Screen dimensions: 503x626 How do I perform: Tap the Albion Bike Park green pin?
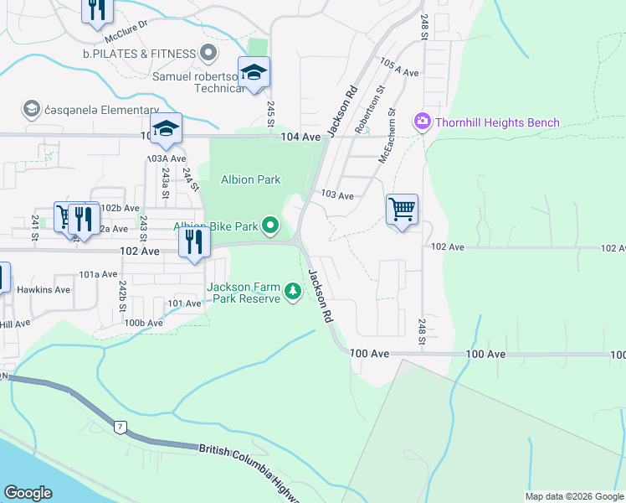tap(270, 226)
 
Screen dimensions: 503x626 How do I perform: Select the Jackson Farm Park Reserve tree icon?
tap(293, 292)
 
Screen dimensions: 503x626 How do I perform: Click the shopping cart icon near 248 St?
tap(403, 209)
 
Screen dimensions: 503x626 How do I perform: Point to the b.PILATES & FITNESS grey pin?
tap(209, 54)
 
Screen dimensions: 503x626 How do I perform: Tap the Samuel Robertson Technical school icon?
tap(254, 72)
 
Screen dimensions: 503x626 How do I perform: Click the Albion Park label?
tap(250, 179)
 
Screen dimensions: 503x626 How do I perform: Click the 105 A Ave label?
tap(398, 68)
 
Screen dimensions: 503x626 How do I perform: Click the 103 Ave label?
tap(337, 195)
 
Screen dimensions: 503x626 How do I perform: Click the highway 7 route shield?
tap(121, 428)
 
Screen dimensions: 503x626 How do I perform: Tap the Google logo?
tap(28, 493)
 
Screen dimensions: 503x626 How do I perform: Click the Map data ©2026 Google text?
tap(574, 496)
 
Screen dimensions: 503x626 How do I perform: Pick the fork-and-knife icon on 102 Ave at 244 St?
tap(193, 244)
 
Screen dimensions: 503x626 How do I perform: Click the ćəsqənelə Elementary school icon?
tap(32, 108)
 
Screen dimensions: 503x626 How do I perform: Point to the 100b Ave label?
tap(143, 323)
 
